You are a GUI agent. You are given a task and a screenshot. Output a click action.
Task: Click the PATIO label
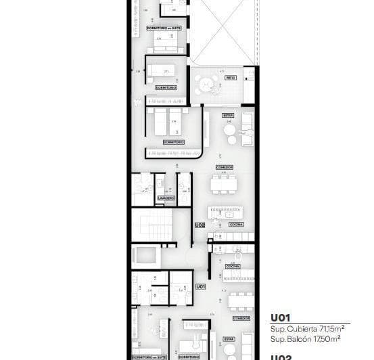coord(230,78)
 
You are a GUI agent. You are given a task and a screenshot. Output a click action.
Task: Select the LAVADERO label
coord(166,198)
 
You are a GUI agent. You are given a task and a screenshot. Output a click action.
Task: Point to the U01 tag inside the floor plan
coord(200,287)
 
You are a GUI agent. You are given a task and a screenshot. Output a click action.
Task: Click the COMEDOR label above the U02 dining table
coord(224,167)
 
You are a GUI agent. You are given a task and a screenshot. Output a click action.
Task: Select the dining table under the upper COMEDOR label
coord(223,184)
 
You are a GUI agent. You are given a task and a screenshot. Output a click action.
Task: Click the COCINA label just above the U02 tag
coord(235,224)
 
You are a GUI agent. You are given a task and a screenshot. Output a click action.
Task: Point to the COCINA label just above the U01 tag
coord(233,267)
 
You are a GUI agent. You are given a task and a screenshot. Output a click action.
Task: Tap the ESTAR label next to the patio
coord(228,115)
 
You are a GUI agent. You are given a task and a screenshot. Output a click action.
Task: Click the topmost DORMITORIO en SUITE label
coord(164,28)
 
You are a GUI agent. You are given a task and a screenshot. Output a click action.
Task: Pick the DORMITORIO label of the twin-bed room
coord(173,141)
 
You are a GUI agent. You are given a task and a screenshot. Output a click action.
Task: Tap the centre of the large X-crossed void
coord(223,32)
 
